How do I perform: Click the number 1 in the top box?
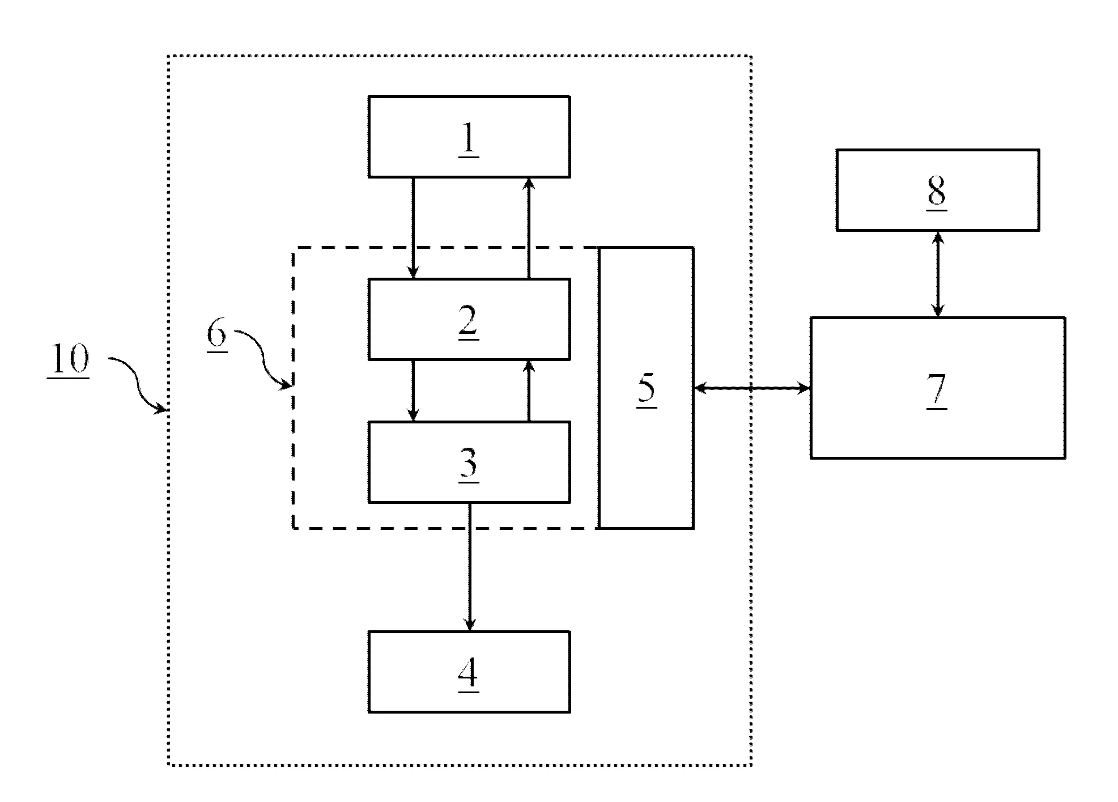click(468, 139)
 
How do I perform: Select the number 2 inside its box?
click(468, 321)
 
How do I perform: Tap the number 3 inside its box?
click(468, 464)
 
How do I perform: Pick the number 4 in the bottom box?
click(468, 674)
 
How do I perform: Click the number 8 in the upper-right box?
click(937, 192)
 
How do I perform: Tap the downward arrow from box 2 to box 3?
click(413, 391)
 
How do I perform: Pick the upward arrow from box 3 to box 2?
click(529, 391)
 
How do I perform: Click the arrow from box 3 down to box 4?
click(469, 567)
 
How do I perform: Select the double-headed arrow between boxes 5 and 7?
click(751, 388)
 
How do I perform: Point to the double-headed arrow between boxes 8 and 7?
click(938, 274)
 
